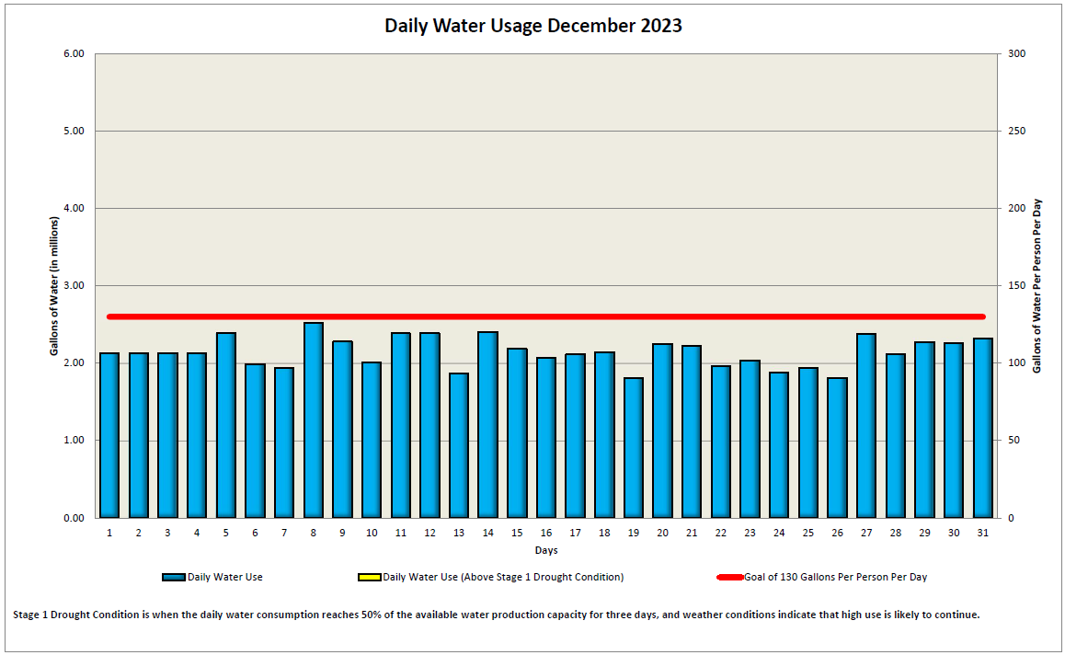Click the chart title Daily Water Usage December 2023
point(532,26)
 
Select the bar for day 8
point(314,420)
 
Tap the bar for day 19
point(633,448)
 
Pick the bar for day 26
point(837,448)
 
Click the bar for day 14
point(487,425)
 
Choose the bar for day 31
point(982,428)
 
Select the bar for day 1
point(109,435)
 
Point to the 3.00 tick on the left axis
point(74,286)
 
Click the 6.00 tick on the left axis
point(74,54)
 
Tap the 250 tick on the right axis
point(1017,132)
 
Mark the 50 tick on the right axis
point(1014,441)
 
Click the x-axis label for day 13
point(458,534)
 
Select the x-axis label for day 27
point(865,534)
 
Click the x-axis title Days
point(545,551)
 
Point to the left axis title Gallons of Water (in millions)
point(54,286)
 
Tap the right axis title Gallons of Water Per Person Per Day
point(1037,286)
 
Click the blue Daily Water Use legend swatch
point(174,578)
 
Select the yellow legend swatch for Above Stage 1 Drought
point(369,578)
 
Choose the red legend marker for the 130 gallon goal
point(729,578)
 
